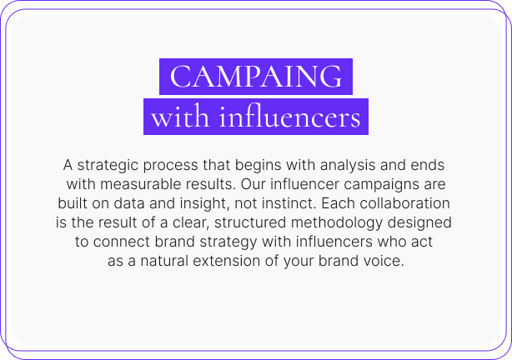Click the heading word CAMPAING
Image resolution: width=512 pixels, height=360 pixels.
(256, 77)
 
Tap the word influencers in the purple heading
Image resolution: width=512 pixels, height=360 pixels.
(290, 117)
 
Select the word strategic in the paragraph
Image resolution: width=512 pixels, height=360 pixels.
(108, 166)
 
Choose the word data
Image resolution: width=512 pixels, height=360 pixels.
(129, 203)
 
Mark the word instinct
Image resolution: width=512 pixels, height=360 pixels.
(289, 203)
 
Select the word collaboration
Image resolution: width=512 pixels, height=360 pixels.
(405, 203)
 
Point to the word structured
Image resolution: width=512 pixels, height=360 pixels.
(250, 223)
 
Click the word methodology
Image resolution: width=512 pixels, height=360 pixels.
(337, 223)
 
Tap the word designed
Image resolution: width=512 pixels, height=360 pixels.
(419, 223)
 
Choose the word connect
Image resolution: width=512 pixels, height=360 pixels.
(122, 242)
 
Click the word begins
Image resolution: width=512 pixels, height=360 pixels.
(259, 166)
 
